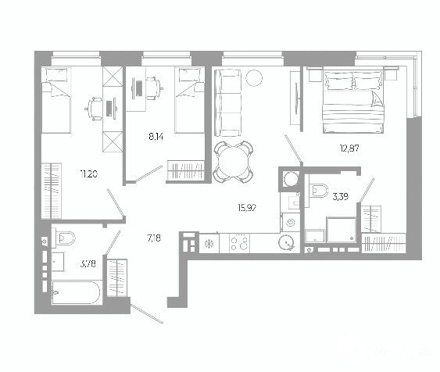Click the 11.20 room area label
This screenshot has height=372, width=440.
tap(89, 174)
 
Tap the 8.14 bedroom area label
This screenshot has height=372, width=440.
tap(156, 137)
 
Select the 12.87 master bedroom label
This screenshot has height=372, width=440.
tap(349, 148)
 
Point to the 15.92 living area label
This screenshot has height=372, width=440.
tap(247, 208)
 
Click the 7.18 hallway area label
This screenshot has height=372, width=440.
tap(154, 238)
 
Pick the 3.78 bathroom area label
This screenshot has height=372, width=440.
tap(88, 263)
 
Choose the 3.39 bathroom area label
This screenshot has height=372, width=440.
tap(341, 197)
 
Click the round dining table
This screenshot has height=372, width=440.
tap(233, 162)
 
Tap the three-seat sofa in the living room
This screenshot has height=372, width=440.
tap(228, 103)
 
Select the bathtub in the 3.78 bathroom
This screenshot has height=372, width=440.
tap(76, 292)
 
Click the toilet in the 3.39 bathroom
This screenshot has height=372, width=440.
tap(319, 191)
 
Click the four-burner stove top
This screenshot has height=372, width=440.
tap(239, 243)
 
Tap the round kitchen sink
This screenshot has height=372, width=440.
tap(287, 243)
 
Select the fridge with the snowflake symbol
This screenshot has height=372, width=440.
tap(209, 244)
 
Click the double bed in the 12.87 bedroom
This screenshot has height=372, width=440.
tap(353, 102)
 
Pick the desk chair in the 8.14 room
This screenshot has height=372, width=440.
tap(153, 88)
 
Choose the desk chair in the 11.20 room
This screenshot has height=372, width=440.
tap(94, 109)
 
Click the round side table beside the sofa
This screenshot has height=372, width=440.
tap(254, 77)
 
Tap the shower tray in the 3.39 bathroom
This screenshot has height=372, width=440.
tap(342, 230)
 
